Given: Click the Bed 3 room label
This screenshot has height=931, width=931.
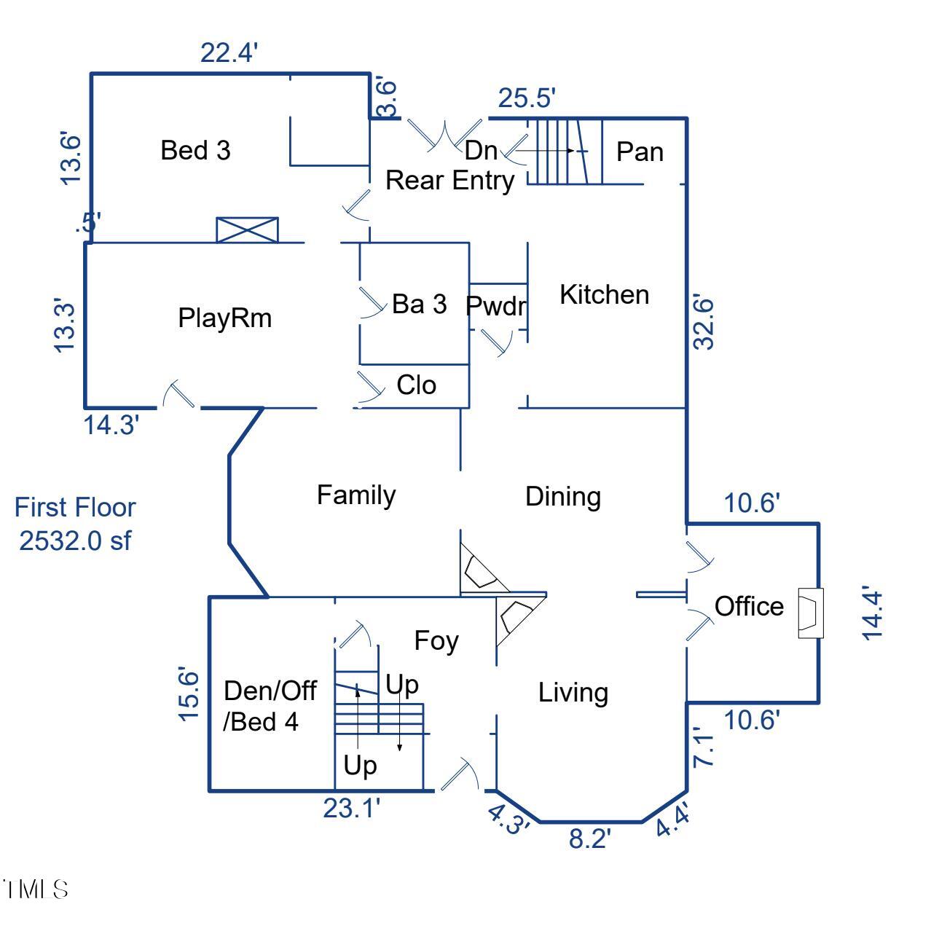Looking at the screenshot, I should tap(195, 151).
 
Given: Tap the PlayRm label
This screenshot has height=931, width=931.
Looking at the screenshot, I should tap(224, 318).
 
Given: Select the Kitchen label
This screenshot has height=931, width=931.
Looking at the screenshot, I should tap(604, 295).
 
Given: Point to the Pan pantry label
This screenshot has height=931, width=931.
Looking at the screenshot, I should tap(640, 152).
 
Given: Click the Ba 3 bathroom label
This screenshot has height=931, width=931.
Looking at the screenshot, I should tap(419, 305).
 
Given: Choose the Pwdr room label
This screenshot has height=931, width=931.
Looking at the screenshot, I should tap(496, 306).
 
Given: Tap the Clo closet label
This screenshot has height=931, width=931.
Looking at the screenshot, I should tap(416, 385).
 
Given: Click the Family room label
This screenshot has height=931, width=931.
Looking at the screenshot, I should tap(356, 495).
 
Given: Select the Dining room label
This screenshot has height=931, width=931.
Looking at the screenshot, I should tap(563, 497).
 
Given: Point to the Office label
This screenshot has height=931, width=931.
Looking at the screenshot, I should tap(749, 606).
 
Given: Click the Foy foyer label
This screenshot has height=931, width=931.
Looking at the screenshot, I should tap(436, 641).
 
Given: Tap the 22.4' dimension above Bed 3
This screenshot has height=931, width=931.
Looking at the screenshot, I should tap(229, 53).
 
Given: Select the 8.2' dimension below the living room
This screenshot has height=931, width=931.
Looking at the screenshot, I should tap(589, 839).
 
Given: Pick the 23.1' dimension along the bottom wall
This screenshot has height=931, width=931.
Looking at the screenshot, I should tap(353, 808).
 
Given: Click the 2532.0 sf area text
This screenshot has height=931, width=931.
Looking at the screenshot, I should tap(75, 541).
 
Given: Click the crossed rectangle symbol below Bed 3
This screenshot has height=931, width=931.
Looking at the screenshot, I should tap(248, 229).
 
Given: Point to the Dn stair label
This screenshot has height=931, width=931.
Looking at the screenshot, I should tap(481, 151).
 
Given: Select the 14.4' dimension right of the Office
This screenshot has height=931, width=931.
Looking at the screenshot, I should tap(872, 613).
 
